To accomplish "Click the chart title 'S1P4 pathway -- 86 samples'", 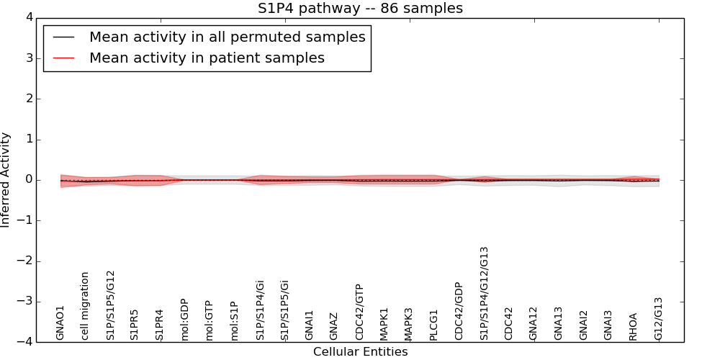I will click(x=360, y=9).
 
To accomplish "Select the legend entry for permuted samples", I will click(x=227, y=37).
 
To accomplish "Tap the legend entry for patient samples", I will click(x=207, y=58).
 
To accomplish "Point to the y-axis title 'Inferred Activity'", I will click(x=6, y=180).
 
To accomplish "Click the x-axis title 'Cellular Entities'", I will click(x=360, y=352).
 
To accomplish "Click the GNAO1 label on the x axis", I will click(x=60, y=323).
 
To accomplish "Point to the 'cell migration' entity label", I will click(x=85, y=306).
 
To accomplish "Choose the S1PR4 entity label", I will click(x=159, y=324).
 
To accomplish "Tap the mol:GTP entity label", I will click(x=209, y=320).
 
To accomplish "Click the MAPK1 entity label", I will click(x=384, y=324).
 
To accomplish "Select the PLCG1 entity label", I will click(x=434, y=325).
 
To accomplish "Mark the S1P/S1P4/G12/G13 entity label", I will click(x=485, y=293).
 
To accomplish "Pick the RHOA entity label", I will click(x=634, y=326).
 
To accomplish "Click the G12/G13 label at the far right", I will click(x=659, y=319).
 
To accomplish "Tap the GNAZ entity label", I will click(x=334, y=326).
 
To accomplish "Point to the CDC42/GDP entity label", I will click(x=459, y=310).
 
